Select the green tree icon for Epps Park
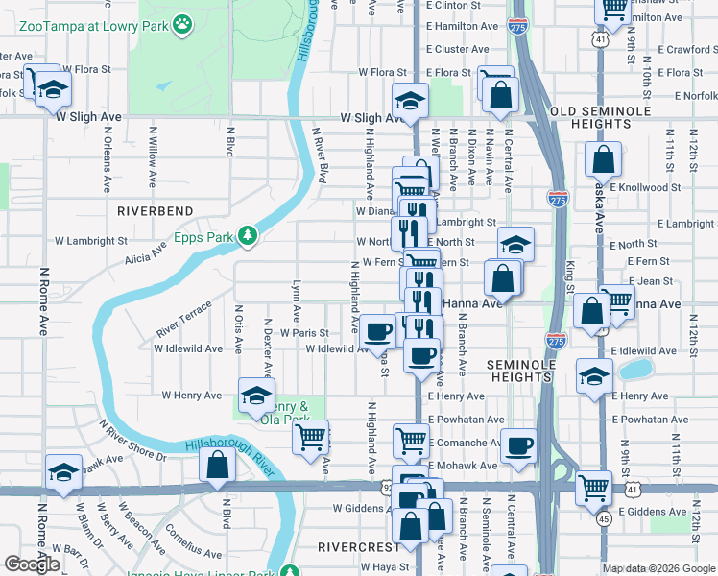pyautogui.click(x=249, y=235)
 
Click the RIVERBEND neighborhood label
pyautogui.click(x=155, y=210)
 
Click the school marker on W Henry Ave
pyautogui.click(x=255, y=396)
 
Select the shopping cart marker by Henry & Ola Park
pyautogui.click(x=310, y=438)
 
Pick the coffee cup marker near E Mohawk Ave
pyautogui.click(x=518, y=445)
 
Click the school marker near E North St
pyautogui.click(x=515, y=245)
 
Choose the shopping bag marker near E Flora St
pyautogui.click(x=501, y=95)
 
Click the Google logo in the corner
pyautogui.click(x=32, y=564)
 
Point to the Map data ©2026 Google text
pyautogui.click(x=658, y=568)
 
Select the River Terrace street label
pyautogui.click(x=183, y=322)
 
